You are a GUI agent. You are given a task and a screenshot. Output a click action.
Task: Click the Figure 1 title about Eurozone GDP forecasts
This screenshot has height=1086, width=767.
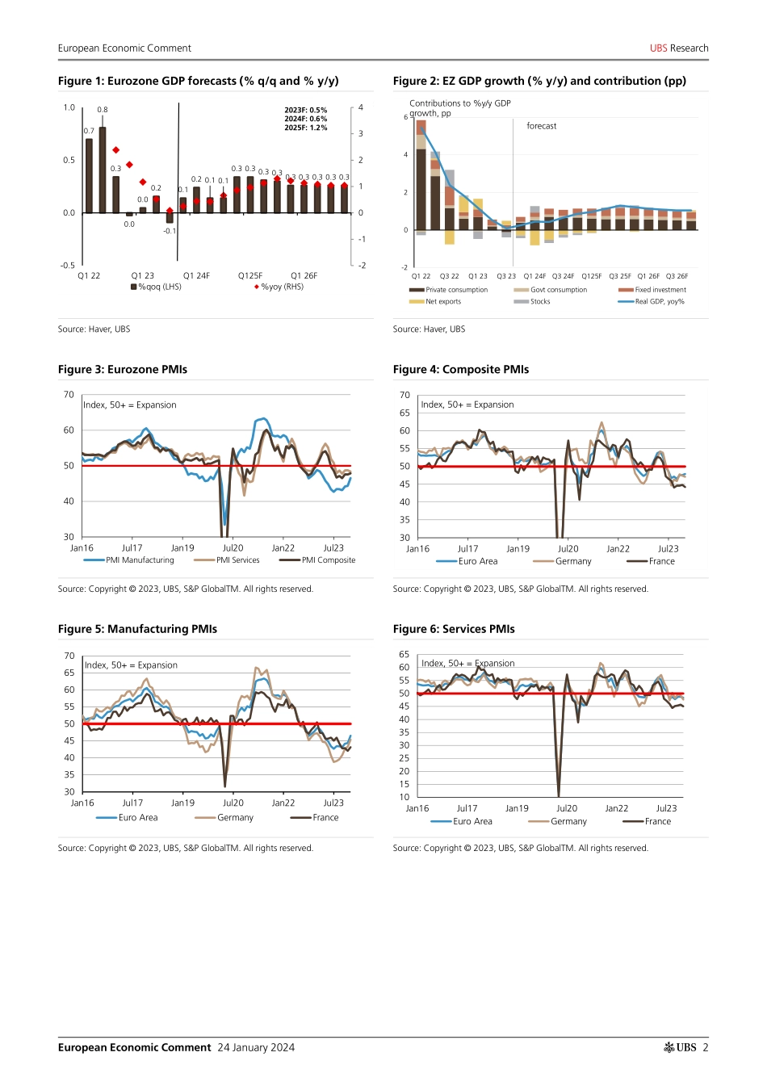(198, 81)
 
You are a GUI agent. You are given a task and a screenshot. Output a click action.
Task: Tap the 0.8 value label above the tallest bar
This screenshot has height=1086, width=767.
(103, 110)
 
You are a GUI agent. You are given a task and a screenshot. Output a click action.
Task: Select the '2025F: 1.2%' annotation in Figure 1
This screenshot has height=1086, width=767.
(306, 128)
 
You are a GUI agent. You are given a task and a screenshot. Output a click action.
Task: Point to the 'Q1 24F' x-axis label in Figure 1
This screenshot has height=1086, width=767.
(196, 276)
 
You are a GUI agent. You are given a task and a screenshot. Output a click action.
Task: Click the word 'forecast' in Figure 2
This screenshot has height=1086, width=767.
(541, 126)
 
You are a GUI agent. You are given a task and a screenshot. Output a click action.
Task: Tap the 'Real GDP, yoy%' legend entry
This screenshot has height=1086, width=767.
(659, 302)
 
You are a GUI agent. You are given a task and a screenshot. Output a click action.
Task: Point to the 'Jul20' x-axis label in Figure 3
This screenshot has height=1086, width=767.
(233, 548)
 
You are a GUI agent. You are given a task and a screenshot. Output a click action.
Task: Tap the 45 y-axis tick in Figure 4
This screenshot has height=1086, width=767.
(404, 484)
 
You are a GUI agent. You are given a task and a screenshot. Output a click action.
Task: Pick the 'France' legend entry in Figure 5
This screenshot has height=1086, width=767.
(325, 818)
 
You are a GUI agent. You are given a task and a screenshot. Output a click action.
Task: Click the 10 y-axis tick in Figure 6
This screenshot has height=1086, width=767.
(404, 797)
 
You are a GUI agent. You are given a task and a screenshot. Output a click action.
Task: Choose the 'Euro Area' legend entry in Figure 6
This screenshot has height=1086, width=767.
(472, 822)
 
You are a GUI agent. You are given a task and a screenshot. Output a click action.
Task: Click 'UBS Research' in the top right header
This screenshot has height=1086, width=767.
(679, 48)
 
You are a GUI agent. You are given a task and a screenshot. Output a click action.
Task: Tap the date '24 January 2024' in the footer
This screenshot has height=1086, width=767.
(256, 1047)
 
